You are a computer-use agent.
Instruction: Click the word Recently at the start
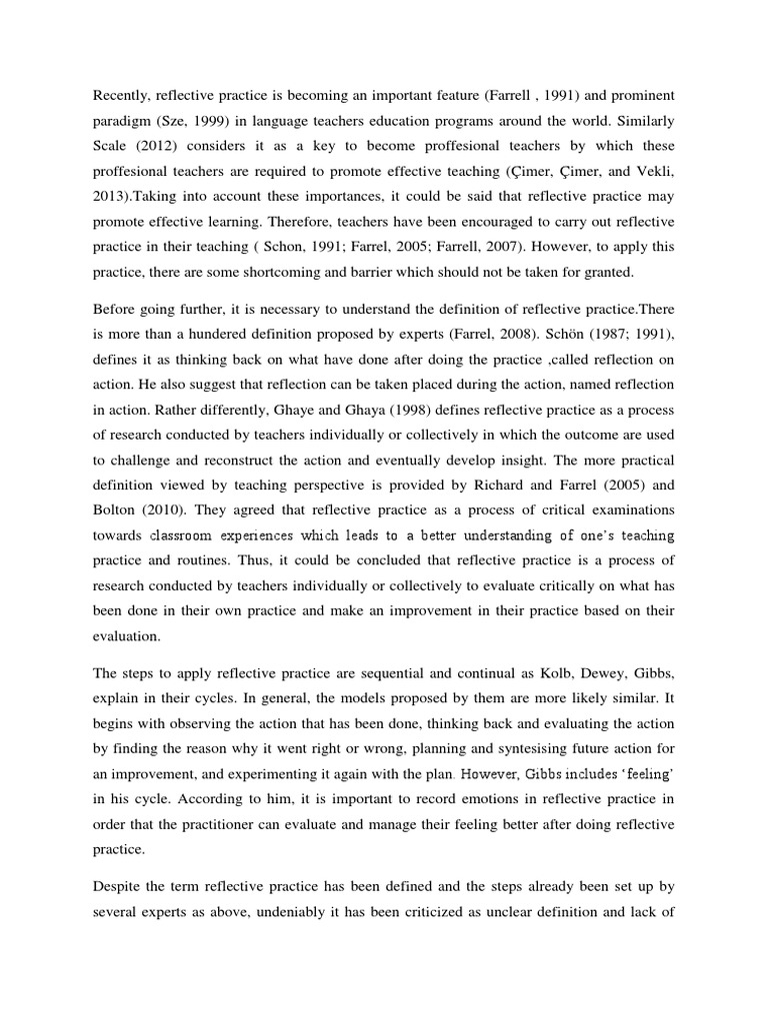(x=125, y=95)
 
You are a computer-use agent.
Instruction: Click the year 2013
(x=111, y=199)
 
